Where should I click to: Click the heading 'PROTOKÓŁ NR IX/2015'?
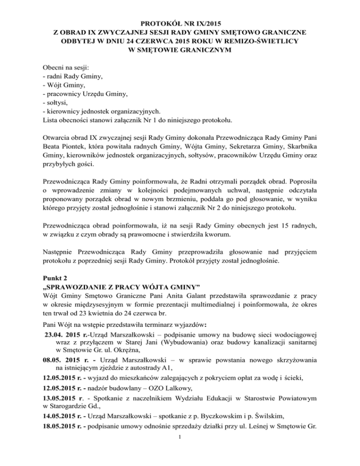pyautogui.click(x=180, y=23)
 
